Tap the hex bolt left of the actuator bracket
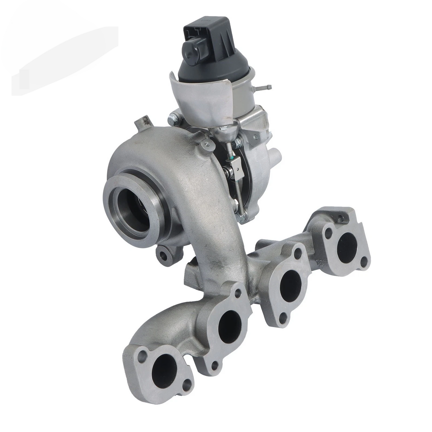[174, 119]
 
